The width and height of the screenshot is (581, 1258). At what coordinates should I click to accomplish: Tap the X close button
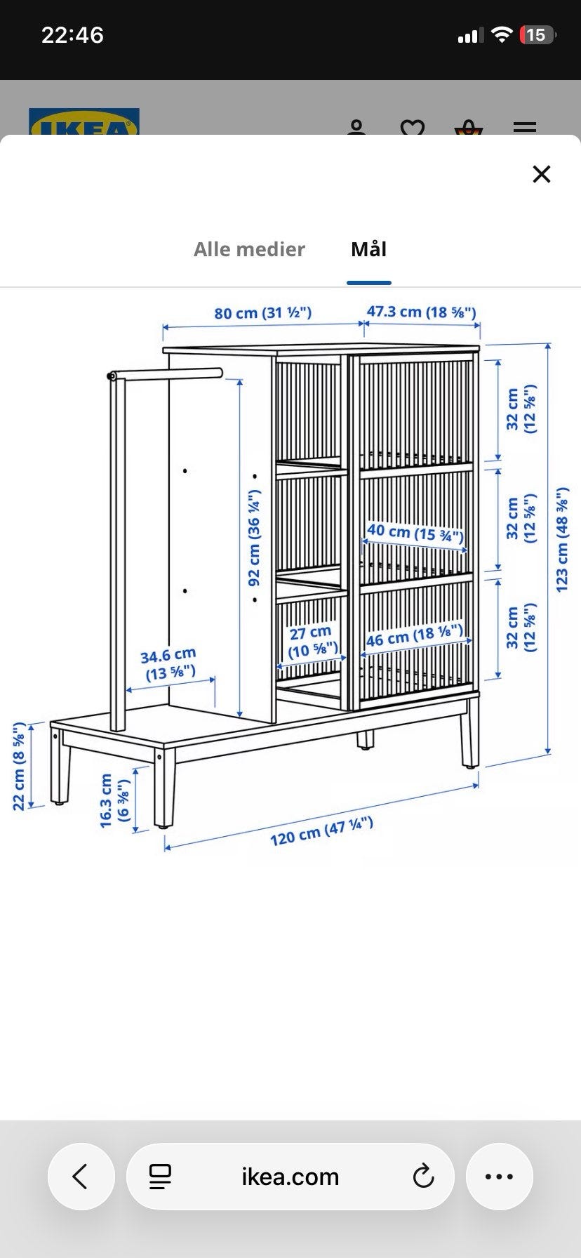[542, 174]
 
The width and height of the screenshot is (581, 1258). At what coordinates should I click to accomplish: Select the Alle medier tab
[249, 249]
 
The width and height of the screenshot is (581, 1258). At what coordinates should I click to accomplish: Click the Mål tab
[369, 249]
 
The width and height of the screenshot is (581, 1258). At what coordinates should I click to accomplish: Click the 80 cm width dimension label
[263, 313]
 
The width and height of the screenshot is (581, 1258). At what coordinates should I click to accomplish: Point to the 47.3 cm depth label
[421, 312]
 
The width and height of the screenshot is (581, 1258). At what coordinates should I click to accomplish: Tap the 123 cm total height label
[562, 540]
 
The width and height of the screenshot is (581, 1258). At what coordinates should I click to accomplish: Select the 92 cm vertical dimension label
[254, 538]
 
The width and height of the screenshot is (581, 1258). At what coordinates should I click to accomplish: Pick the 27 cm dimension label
[312, 642]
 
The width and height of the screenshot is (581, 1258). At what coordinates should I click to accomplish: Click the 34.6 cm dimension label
[169, 664]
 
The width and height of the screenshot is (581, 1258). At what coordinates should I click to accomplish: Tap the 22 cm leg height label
[19, 766]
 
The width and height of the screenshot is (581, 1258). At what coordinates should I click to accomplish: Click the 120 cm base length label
[321, 831]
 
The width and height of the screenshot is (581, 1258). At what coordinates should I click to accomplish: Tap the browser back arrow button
[81, 1176]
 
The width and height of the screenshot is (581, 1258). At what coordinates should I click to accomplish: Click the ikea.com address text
[290, 1177]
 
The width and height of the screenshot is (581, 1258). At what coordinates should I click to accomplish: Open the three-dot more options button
[499, 1176]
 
